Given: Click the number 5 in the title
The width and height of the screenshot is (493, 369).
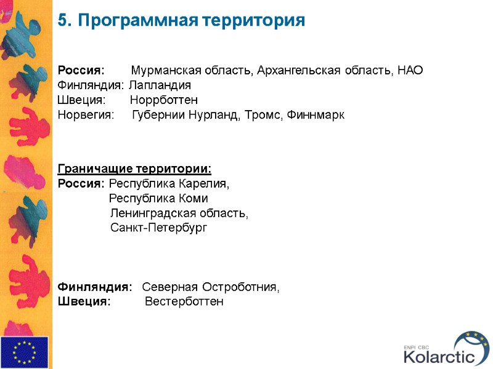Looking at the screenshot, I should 62,20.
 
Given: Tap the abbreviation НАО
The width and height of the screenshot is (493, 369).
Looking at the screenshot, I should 410,70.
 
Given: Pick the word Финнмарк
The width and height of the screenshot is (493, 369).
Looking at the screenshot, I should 316,114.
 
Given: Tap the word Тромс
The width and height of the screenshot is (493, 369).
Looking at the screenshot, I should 267,114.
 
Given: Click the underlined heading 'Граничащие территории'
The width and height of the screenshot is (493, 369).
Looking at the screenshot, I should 134,169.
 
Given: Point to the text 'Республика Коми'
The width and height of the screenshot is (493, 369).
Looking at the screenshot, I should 158,199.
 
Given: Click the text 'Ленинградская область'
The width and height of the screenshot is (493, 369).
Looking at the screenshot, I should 179,213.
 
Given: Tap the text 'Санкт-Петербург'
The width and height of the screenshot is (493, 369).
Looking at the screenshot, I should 159,228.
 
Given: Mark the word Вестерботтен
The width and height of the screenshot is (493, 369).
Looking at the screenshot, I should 184,301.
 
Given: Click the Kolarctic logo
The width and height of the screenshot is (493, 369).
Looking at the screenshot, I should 447,349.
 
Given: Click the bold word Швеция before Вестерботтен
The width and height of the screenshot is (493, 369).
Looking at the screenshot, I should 84,301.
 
